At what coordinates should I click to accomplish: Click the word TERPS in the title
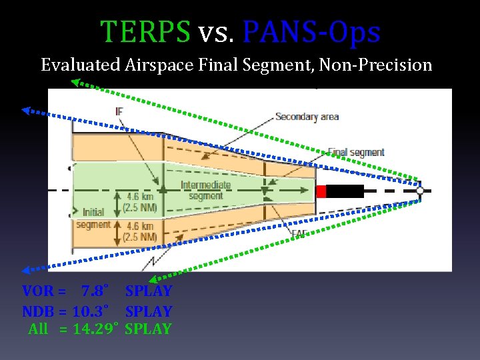click(x=145, y=31)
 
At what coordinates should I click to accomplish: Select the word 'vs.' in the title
click(x=214, y=32)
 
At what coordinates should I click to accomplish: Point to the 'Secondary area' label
click(x=307, y=117)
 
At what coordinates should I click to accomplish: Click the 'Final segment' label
click(x=357, y=152)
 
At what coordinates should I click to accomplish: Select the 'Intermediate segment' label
click(x=206, y=190)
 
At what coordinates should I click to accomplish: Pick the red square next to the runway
click(x=321, y=191)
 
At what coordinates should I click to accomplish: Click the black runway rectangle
click(x=345, y=191)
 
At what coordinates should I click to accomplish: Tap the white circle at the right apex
click(x=420, y=191)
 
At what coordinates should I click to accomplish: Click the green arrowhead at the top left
click(x=76, y=83)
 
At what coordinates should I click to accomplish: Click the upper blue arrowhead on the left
click(x=27, y=111)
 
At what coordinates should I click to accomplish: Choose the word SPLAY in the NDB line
click(x=149, y=311)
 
